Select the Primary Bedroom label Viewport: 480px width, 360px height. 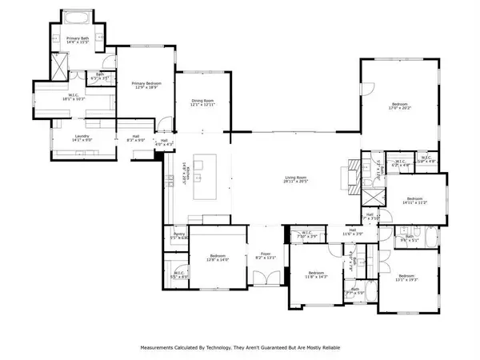coord(146,86)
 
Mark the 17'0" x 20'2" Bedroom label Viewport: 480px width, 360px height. coord(399,107)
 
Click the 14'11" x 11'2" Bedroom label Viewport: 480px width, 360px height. coord(414,201)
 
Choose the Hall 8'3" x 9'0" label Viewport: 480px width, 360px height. coord(138,138)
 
